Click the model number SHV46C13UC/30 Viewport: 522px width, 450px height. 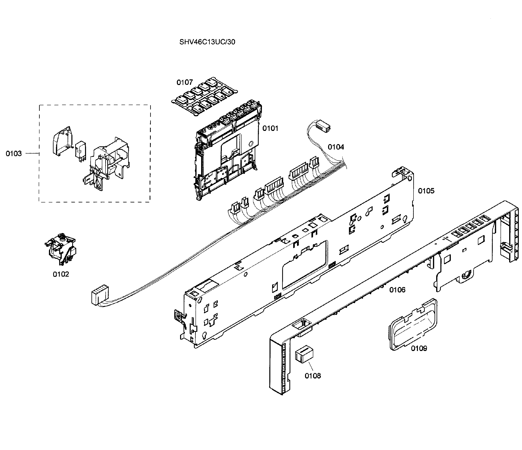(207, 42)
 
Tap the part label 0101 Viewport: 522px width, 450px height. (270, 128)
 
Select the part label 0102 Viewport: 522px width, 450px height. (61, 274)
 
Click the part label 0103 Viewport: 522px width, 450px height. (14, 154)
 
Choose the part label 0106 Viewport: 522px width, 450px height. (397, 290)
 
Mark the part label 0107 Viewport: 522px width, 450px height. (184, 82)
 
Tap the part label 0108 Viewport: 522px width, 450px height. (313, 376)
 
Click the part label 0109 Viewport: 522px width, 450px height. (419, 349)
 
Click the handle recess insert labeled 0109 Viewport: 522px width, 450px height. (413, 325)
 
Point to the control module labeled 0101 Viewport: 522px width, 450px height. (227, 151)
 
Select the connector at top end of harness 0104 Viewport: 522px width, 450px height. (323, 125)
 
